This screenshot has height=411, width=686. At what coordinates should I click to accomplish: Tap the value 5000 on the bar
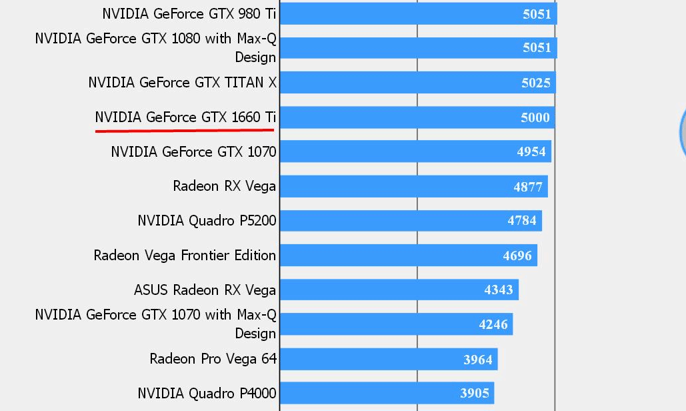coord(535,117)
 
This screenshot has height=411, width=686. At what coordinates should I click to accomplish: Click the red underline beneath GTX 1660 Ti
coord(185,130)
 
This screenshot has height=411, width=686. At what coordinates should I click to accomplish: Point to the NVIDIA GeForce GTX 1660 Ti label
coord(185,117)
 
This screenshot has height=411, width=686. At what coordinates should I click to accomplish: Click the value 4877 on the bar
coord(528,187)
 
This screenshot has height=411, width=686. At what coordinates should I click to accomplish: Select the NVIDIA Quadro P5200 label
coord(207,220)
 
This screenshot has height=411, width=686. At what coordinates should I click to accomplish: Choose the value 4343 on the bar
coord(499,290)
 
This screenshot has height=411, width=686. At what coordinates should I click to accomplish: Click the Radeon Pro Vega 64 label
coord(213,359)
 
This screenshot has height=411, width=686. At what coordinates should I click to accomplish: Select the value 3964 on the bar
coord(478,360)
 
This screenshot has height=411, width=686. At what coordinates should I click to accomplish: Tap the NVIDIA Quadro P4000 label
coord(207,393)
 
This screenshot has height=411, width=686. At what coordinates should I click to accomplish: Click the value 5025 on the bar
coord(535,83)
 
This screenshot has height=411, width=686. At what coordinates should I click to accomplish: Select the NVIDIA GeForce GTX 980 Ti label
coord(189,13)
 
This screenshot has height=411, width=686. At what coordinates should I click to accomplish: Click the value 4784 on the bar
coord(522,221)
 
